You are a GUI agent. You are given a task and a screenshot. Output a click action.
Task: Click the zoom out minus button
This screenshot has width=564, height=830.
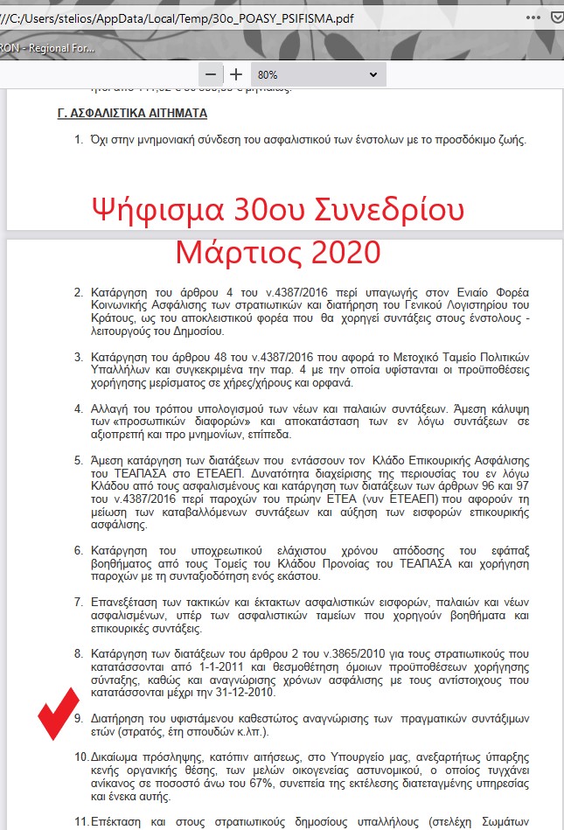click(x=210, y=74)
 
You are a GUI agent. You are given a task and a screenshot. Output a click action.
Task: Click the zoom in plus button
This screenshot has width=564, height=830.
click(x=236, y=74)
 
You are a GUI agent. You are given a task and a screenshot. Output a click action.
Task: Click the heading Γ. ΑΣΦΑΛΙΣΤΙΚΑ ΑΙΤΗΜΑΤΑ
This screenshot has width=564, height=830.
click(x=132, y=114)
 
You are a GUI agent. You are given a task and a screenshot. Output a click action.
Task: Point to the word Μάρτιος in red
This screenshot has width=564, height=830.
click(x=229, y=253)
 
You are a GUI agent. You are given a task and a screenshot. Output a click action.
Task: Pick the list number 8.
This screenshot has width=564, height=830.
click(x=78, y=652)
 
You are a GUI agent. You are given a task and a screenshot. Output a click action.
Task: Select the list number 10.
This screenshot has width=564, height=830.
click(x=80, y=755)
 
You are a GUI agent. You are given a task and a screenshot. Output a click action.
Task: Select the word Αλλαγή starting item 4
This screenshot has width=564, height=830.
click(x=109, y=408)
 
